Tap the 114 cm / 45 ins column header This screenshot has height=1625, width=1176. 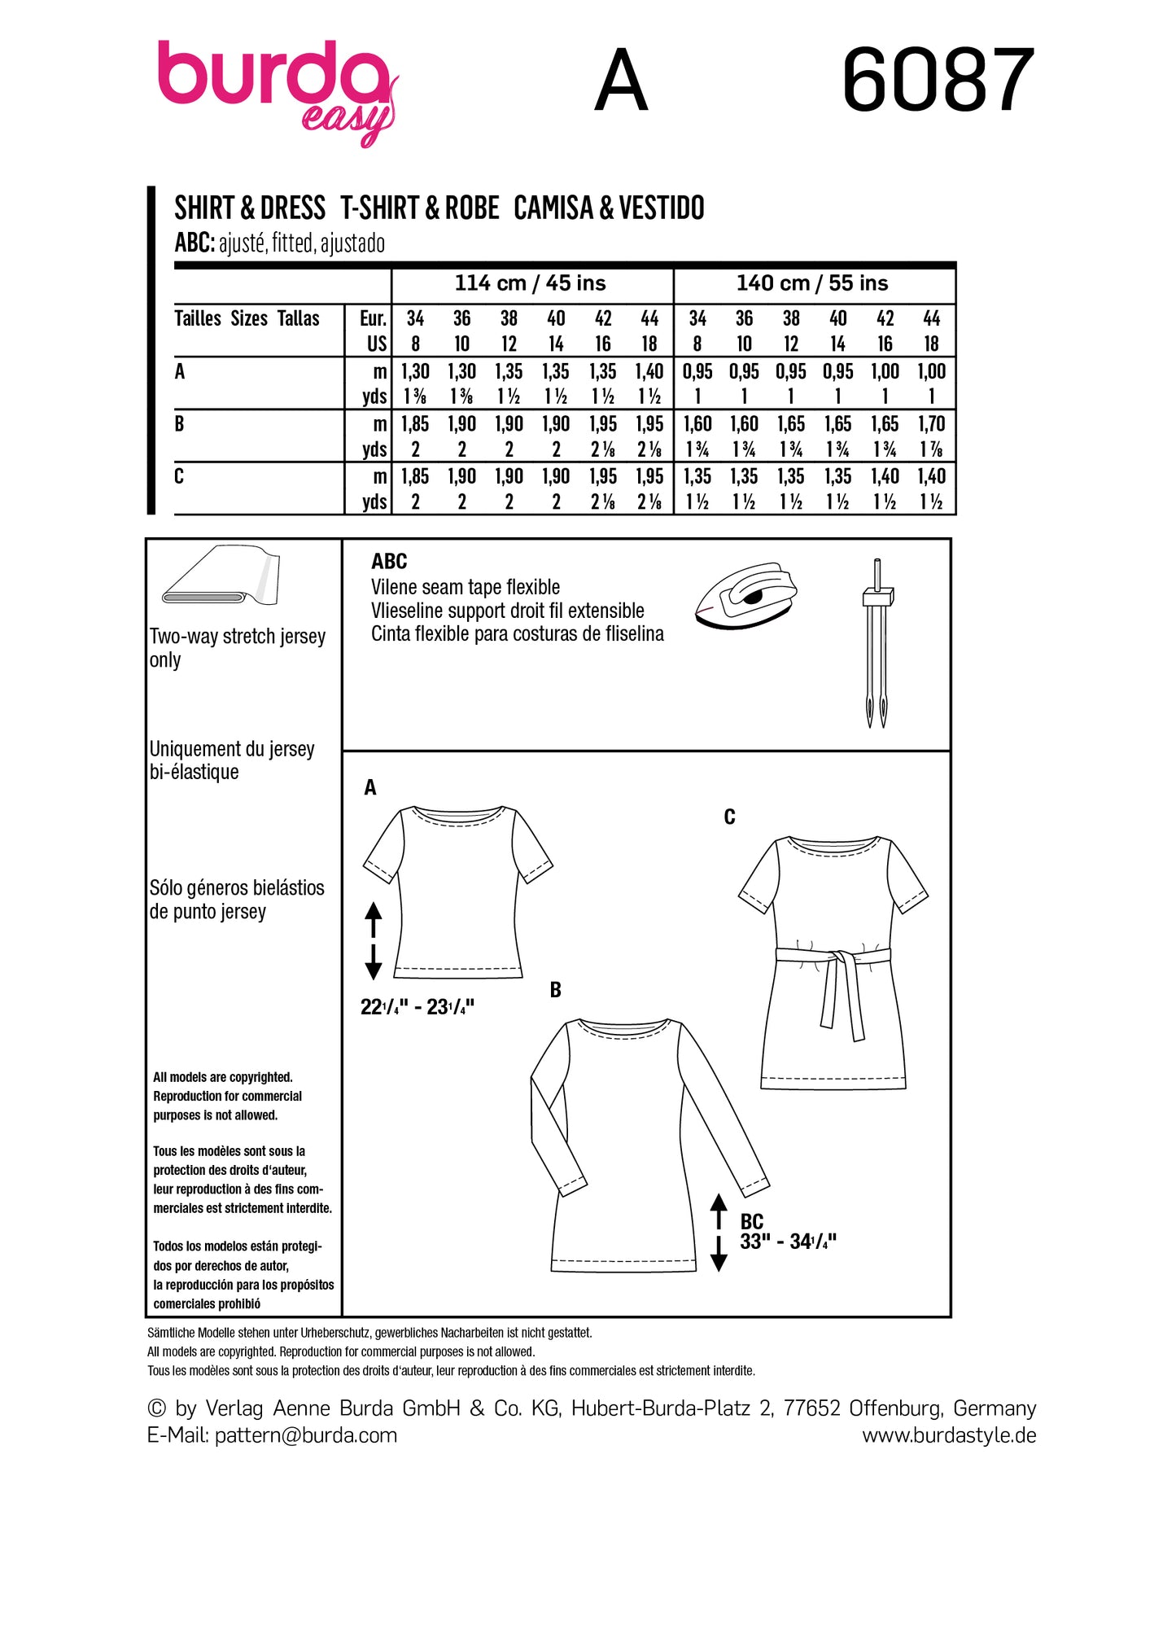(530, 283)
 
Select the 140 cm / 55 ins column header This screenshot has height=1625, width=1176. (812, 283)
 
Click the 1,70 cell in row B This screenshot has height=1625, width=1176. (932, 423)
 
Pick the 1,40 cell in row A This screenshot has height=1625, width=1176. (649, 371)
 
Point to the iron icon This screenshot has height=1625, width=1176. (745, 598)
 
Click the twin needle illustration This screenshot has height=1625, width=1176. (877, 643)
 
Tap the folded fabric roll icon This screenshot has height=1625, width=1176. (221, 576)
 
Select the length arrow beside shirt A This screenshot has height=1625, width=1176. (374, 940)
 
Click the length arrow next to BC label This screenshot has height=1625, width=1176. (719, 1232)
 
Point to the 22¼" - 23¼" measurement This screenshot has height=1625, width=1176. (417, 1007)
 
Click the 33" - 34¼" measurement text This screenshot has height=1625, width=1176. (788, 1242)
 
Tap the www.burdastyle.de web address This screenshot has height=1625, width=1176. (949, 1435)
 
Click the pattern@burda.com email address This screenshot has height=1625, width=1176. (305, 1435)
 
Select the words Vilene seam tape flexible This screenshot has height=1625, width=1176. (466, 587)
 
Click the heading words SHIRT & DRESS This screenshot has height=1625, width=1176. (250, 208)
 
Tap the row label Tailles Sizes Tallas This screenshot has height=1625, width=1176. (247, 318)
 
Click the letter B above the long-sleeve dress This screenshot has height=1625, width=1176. (556, 990)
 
